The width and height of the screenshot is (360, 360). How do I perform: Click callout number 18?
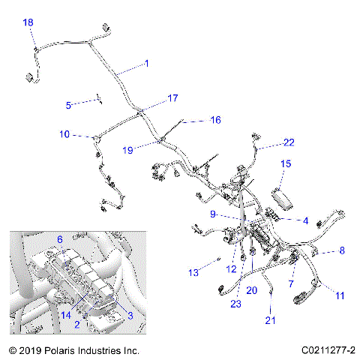(x=28, y=23)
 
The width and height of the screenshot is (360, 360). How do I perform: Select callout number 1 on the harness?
(x=146, y=64)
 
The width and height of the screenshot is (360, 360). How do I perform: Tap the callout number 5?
(x=69, y=105)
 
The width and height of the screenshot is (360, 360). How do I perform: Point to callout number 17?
(x=173, y=98)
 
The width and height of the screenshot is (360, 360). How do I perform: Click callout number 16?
(x=215, y=120)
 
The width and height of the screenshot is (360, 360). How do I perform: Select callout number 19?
(x=128, y=149)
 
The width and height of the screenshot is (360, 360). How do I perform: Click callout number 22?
(x=289, y=142)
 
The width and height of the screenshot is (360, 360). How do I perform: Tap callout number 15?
(x=286, y=163)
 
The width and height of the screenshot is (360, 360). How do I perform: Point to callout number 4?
(x=305, y=220)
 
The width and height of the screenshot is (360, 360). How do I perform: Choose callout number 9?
(x=213, y=214)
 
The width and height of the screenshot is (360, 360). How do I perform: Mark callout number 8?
(x=342, y=250)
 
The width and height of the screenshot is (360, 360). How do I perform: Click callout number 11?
(x=340, y=296)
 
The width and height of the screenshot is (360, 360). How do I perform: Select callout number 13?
(x=194, y=272)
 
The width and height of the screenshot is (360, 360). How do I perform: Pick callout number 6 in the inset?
(x=60, y=239)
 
